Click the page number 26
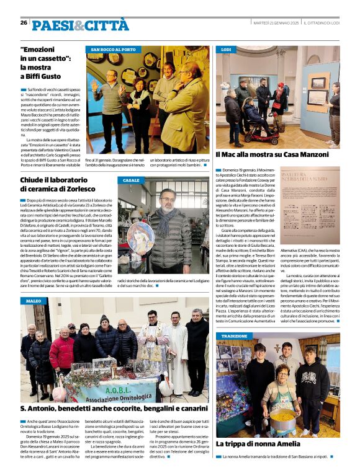24,22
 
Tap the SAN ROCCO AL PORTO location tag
113,50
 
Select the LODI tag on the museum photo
226,49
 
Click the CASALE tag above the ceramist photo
132,180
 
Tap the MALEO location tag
34,301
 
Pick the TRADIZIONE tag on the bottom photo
234,335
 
